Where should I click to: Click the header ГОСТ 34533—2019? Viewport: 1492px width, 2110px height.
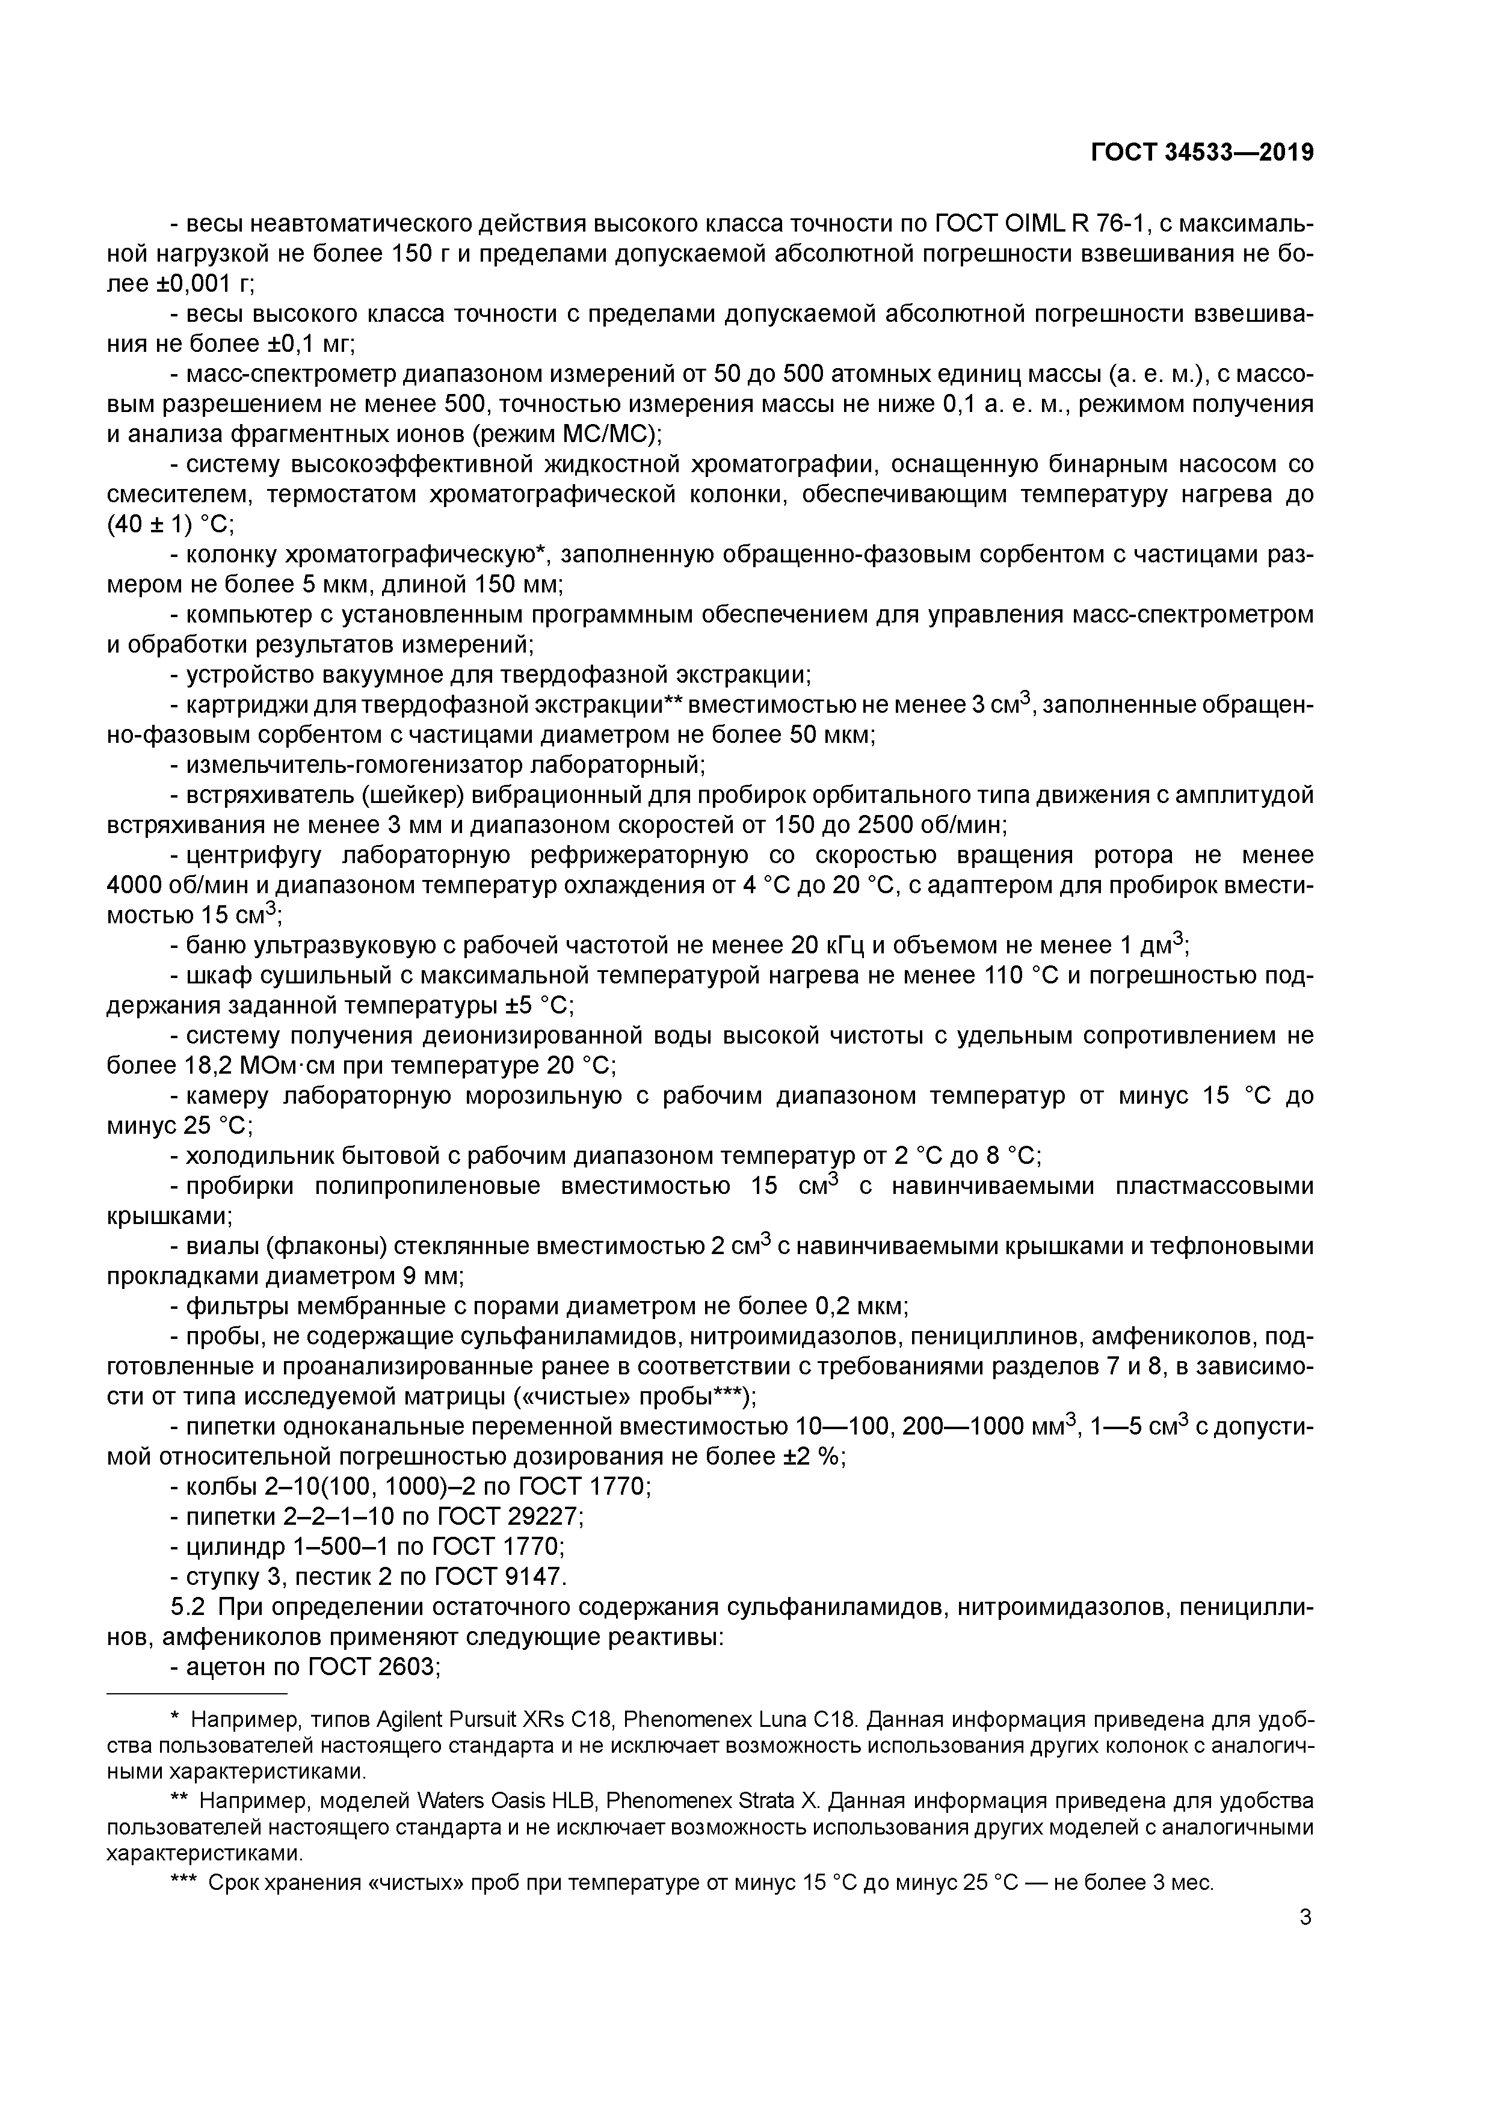click(x=1201, y=153)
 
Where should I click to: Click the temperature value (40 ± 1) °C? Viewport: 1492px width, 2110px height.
click(x=171, y=524)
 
